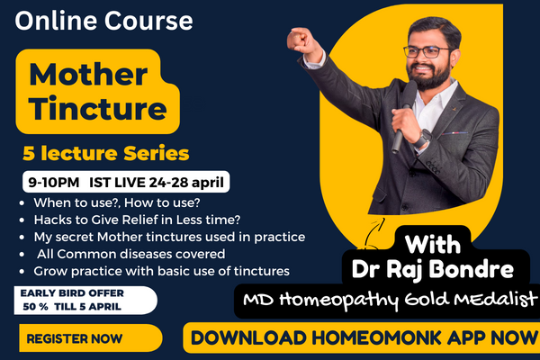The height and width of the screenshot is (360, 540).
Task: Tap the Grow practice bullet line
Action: point(161,270)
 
